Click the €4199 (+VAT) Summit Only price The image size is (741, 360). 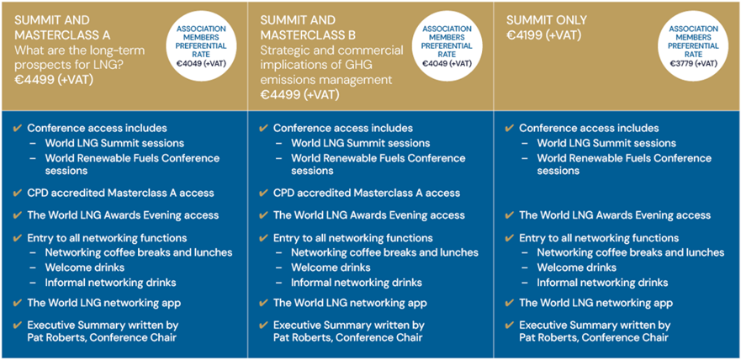(543, 35)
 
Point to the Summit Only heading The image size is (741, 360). (547, 20)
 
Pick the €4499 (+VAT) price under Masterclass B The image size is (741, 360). (300, 95)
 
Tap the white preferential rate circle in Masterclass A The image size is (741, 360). (201, 46)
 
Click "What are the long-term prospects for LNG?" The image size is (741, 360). (80, 57)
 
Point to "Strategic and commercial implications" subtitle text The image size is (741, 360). (331, 57)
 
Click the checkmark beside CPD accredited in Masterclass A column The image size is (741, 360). (18, 193)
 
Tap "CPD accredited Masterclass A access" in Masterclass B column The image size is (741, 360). (367, 193)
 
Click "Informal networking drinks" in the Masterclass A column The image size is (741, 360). (110, 283)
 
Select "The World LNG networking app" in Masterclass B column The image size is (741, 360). (350, 303)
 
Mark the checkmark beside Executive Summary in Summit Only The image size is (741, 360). (510, 325)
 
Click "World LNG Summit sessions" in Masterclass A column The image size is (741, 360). (114, 143)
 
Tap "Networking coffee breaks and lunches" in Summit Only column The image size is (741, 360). (631, 252)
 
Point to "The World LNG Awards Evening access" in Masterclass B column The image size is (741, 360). (369, 215)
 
